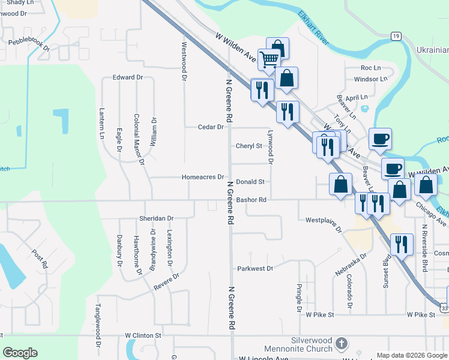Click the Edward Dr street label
128,77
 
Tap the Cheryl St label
249,146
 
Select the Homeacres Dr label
203,177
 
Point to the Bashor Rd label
251,200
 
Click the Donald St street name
250,181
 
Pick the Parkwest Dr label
255,269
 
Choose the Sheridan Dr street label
156,218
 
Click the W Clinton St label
143,335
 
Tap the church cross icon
341,344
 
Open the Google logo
20,353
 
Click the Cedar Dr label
211,127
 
